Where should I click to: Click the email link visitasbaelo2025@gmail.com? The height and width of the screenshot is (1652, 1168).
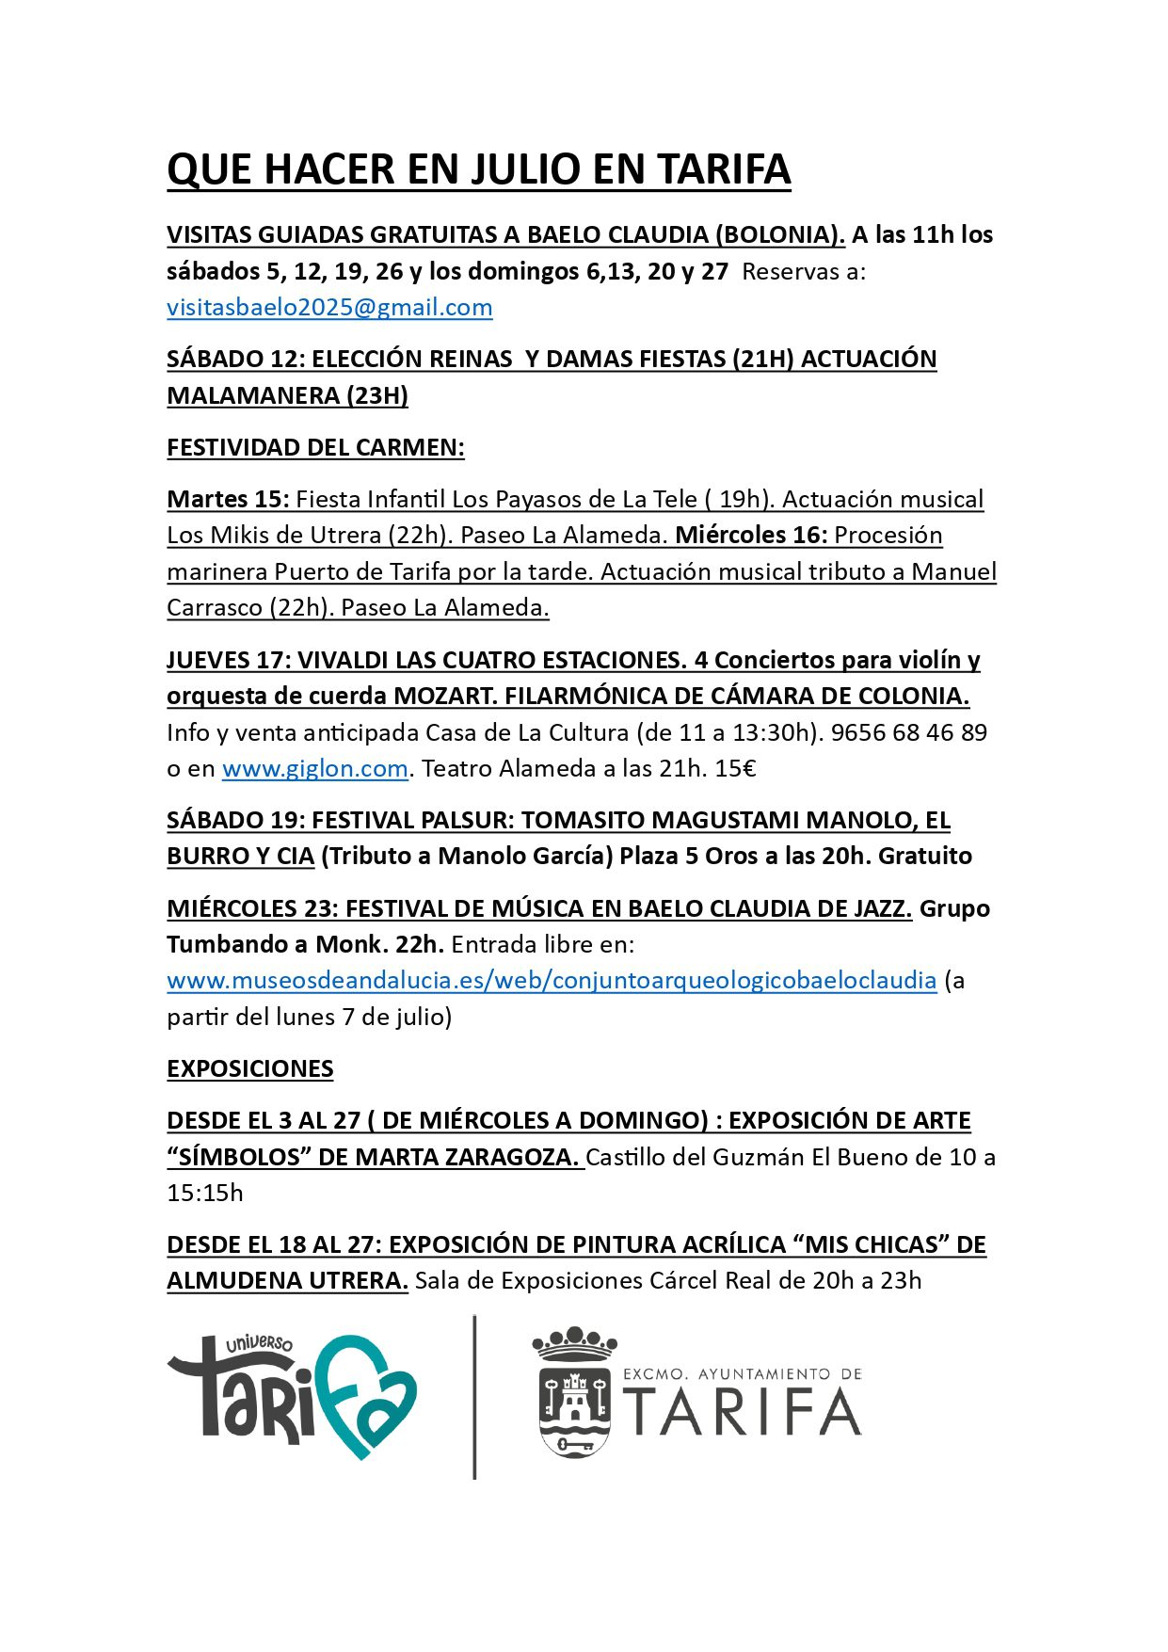click(x=329, y=308)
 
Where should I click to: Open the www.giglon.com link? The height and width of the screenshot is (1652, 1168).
click(x=314, y=769)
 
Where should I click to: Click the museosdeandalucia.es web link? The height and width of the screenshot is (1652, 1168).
click(x=552, y=981)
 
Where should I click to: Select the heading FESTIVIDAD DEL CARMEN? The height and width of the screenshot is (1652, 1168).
click(x=315, y=448)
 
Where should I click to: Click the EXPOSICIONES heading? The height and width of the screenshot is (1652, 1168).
click(x=249, y=1069)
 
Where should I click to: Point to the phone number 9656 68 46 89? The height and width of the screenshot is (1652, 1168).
click(x=908, y=733)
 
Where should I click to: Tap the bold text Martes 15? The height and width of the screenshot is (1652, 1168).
click(x=228, y=500)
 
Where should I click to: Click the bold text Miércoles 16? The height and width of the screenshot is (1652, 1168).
click(x=751, y=536)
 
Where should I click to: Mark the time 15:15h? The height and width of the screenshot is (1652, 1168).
click(x=205, y=1194)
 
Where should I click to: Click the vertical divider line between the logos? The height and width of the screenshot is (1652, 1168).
click(x=474, y=1397)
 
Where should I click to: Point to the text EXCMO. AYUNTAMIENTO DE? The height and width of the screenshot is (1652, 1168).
click(x=742, y=1375)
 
